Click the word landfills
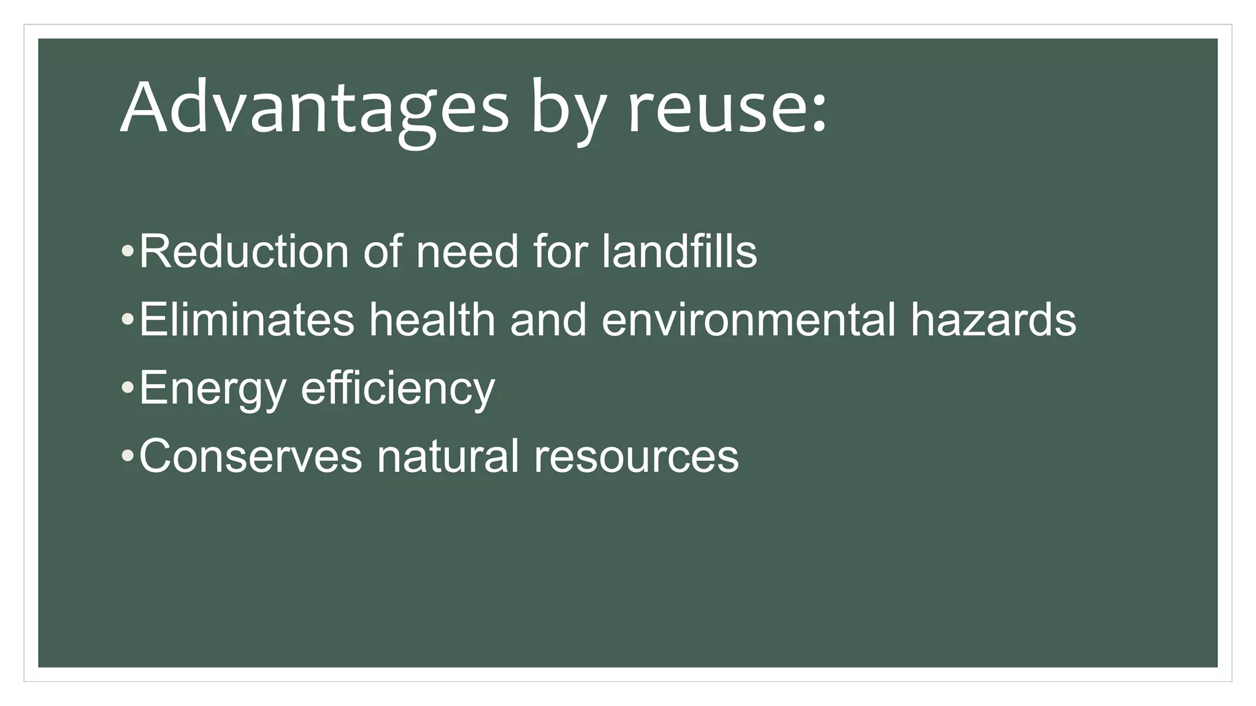click(679, 251)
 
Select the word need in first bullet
click(467, 251)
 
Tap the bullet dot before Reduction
click(127, 252)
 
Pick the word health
click(432, 319)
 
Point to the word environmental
click(748, 319)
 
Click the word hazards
click(993, 319)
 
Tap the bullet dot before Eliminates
click(127, 320)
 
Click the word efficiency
click(397, 388)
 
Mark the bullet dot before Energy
click(127, 388)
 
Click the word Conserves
click(251, 456)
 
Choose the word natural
click(448, 456)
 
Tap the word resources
click(636, 456)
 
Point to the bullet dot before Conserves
click(127, 456)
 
